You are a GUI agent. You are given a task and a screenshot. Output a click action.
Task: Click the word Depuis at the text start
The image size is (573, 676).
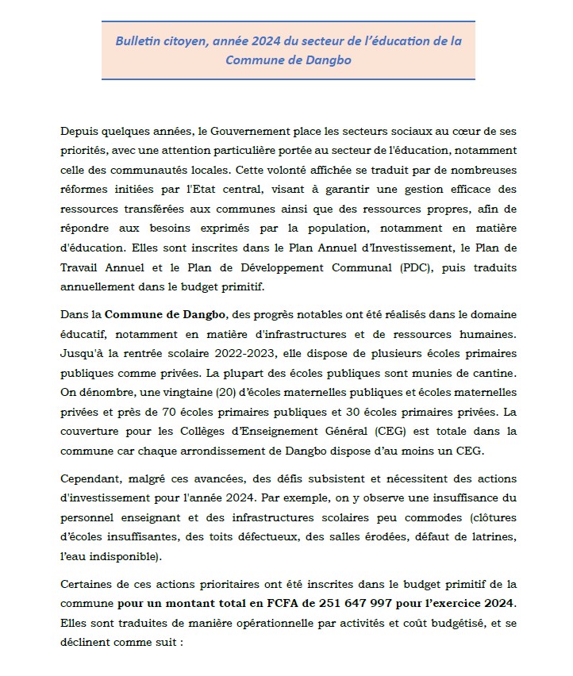click(79, 130)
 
